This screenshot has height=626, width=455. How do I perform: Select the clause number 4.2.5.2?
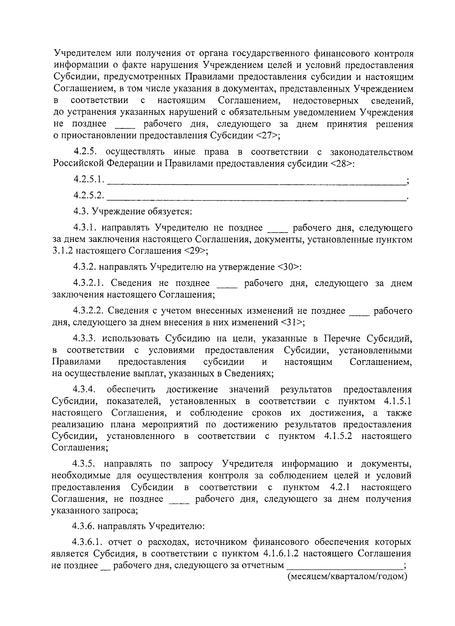[x=89, y=195]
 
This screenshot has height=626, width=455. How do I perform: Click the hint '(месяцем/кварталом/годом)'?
[x=347, y=577]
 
